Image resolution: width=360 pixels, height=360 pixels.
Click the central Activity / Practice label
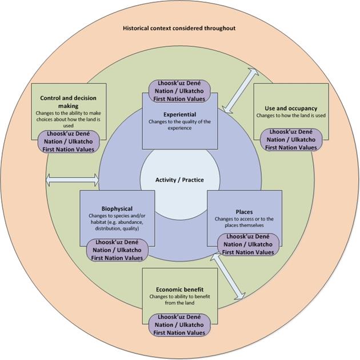[x=179, y=180]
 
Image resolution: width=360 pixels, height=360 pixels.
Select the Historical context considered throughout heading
[x=179, y=28]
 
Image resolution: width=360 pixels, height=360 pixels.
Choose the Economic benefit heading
[x=179, y=289]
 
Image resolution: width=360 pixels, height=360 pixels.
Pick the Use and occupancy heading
[x=291, y=108]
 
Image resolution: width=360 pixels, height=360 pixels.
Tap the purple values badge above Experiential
[x=179, y=91]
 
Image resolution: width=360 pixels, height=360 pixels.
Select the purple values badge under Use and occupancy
[x=291, y=139]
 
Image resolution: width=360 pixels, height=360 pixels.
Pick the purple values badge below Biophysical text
[x=114, y=250]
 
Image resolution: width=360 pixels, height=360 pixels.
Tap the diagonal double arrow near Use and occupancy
[x=237, y=90]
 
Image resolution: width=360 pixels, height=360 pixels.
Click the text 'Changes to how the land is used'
[x=291, y=115]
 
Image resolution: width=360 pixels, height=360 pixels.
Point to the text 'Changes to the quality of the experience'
[x=179, y=124]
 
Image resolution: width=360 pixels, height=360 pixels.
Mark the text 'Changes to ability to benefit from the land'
[x=179, y=300]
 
